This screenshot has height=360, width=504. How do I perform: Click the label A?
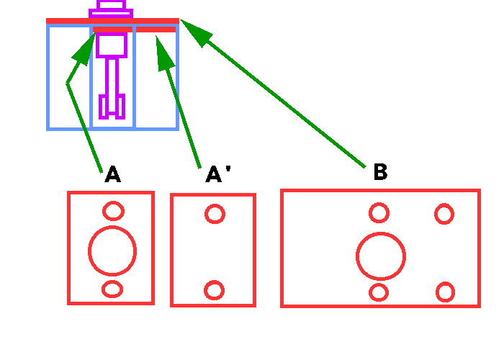click(112, 175)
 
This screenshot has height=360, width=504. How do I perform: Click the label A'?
click(217, 175)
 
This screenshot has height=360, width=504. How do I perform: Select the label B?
click(380, 172)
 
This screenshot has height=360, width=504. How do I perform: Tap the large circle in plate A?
click(112, 251)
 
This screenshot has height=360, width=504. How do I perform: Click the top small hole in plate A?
click(112, 211)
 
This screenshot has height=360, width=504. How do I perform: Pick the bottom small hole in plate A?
click(112, 289)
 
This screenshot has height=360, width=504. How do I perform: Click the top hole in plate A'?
click(215, 214)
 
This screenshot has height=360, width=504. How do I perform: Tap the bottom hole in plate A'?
click(214, 290)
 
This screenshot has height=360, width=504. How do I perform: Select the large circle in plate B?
click(381, 256)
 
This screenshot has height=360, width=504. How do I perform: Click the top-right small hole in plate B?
click(444, 214)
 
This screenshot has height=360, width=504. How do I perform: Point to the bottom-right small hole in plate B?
click(445, 292)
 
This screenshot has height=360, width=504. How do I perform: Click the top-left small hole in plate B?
click(379, 213)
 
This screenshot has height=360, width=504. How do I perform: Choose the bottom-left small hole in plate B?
click(379, 292)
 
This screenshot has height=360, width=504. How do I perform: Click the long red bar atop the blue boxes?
click(112, 21)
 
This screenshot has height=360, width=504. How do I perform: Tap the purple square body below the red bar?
click(112, 45)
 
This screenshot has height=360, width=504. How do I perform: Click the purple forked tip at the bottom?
click(112, 106)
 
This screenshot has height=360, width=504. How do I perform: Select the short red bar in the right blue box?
click(156, 30)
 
